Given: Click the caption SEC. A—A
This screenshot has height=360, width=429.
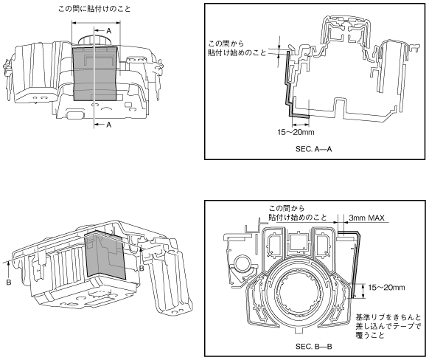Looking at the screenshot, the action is pyautogui.click(x=313, y=149).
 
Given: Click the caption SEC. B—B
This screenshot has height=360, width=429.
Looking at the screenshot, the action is pyautogui.click(x=313, y=347).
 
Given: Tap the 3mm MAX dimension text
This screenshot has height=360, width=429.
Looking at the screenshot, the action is pyautogui.click(x=366, y=218).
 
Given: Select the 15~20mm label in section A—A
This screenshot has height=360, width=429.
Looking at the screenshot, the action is pyautogui.click(x=296, y=133).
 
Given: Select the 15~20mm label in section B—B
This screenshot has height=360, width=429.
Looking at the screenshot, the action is pyautogui.click(x=386, y=288).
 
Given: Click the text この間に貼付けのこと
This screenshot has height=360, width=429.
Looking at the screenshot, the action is pyautogui.click(x=94, y=9).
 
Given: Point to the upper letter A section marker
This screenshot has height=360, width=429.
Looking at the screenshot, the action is pyautogui.click(x=108, y=31).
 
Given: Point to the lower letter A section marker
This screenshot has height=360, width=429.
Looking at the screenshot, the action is pyautogui.click(x=108, y=125).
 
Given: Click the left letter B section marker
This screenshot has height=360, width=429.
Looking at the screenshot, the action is pyautogui.click(x=9, y=282).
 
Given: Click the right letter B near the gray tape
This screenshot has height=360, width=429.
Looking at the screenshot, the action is pyautogui.click(x=142, y=269).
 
